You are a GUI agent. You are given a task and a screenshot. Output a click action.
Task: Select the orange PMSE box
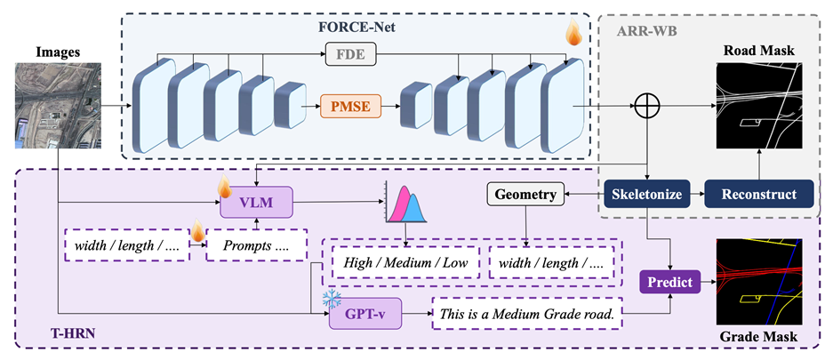[x=346, y=108]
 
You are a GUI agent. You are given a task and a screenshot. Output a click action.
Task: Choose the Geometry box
[x=525, y=194]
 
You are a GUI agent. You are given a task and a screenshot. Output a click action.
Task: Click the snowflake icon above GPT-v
[x=331, y=295]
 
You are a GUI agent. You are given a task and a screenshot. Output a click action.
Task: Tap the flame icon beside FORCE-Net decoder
[x=575, y=36]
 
